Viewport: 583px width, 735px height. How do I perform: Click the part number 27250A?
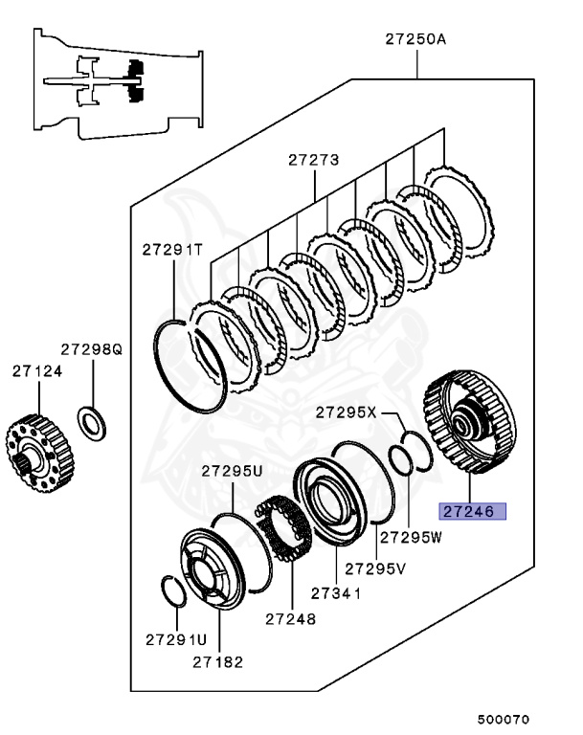[x=416, y=40]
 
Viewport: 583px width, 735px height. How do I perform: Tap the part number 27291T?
[x=172, y=250]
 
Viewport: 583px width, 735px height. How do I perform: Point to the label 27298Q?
[x=92, y=351]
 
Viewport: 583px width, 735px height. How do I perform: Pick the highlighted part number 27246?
[x=472, y=512]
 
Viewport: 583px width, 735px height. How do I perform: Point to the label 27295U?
[x=231, y=471]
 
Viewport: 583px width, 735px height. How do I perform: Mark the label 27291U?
[x=176, y=638]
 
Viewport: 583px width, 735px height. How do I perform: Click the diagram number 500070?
[x=504, y=719]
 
